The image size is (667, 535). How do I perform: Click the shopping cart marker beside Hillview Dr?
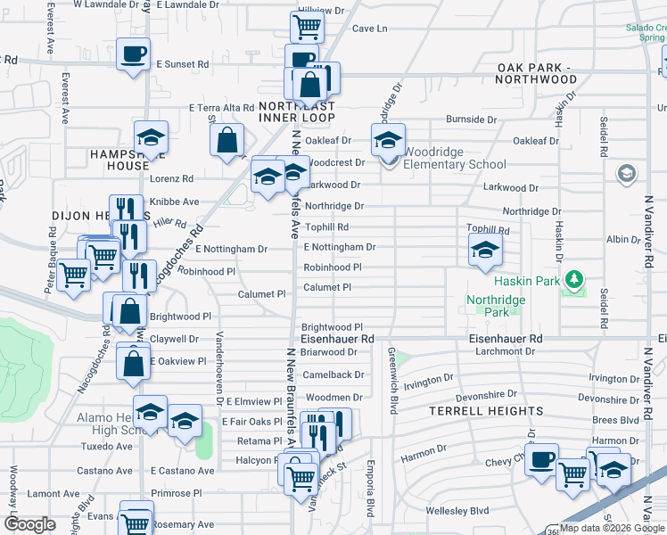[x=307, y=27]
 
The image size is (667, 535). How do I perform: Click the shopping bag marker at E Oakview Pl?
[x=133, y=364]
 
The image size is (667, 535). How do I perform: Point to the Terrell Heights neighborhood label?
[x=485, y=411]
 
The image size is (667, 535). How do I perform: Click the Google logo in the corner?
[x=29, y=523]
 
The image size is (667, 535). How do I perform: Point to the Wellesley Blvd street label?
[x=460, y=511]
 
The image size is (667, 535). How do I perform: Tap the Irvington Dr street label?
[x=429, y=381]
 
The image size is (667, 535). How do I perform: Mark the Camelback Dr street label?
[x=333, y=375]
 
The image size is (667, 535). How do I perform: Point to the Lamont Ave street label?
[x=46, y=493]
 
